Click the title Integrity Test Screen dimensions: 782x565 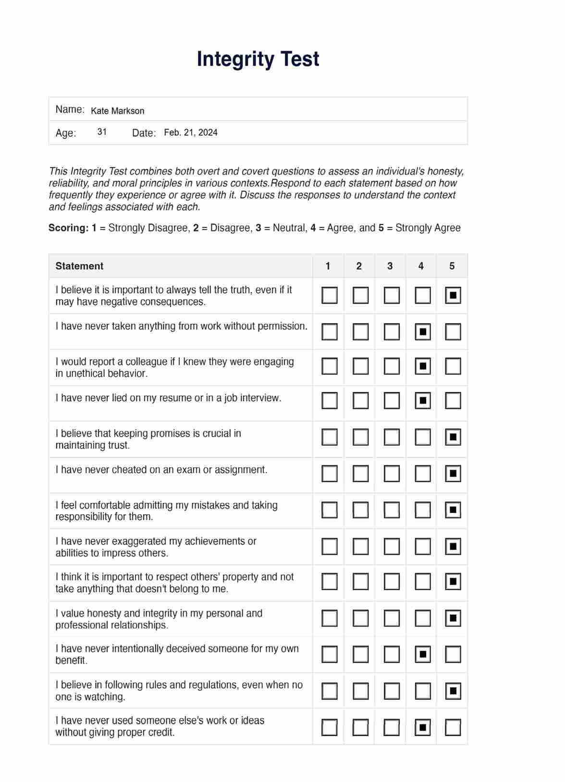point(258,59)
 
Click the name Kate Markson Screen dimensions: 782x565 point(118,111)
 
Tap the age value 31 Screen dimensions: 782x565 point(102,132)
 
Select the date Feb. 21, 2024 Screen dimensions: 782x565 point(191,132)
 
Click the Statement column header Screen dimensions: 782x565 point(79,266)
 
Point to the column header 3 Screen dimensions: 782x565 point(390,266)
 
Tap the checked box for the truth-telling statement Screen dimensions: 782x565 point(453,296)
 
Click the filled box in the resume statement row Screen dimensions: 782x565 point(422,401)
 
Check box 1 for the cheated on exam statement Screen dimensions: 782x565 point(329,474)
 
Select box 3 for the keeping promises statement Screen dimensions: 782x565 point(392,437)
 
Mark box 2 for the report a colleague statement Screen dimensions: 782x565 point(360,367)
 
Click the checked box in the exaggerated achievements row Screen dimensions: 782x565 point(453,546)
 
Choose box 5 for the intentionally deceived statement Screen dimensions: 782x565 point(453,654)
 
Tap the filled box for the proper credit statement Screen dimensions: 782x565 point(422,727)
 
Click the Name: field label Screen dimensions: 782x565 point(70,109)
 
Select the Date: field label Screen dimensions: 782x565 point(144,133)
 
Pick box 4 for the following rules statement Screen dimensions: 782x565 point(422,691)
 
